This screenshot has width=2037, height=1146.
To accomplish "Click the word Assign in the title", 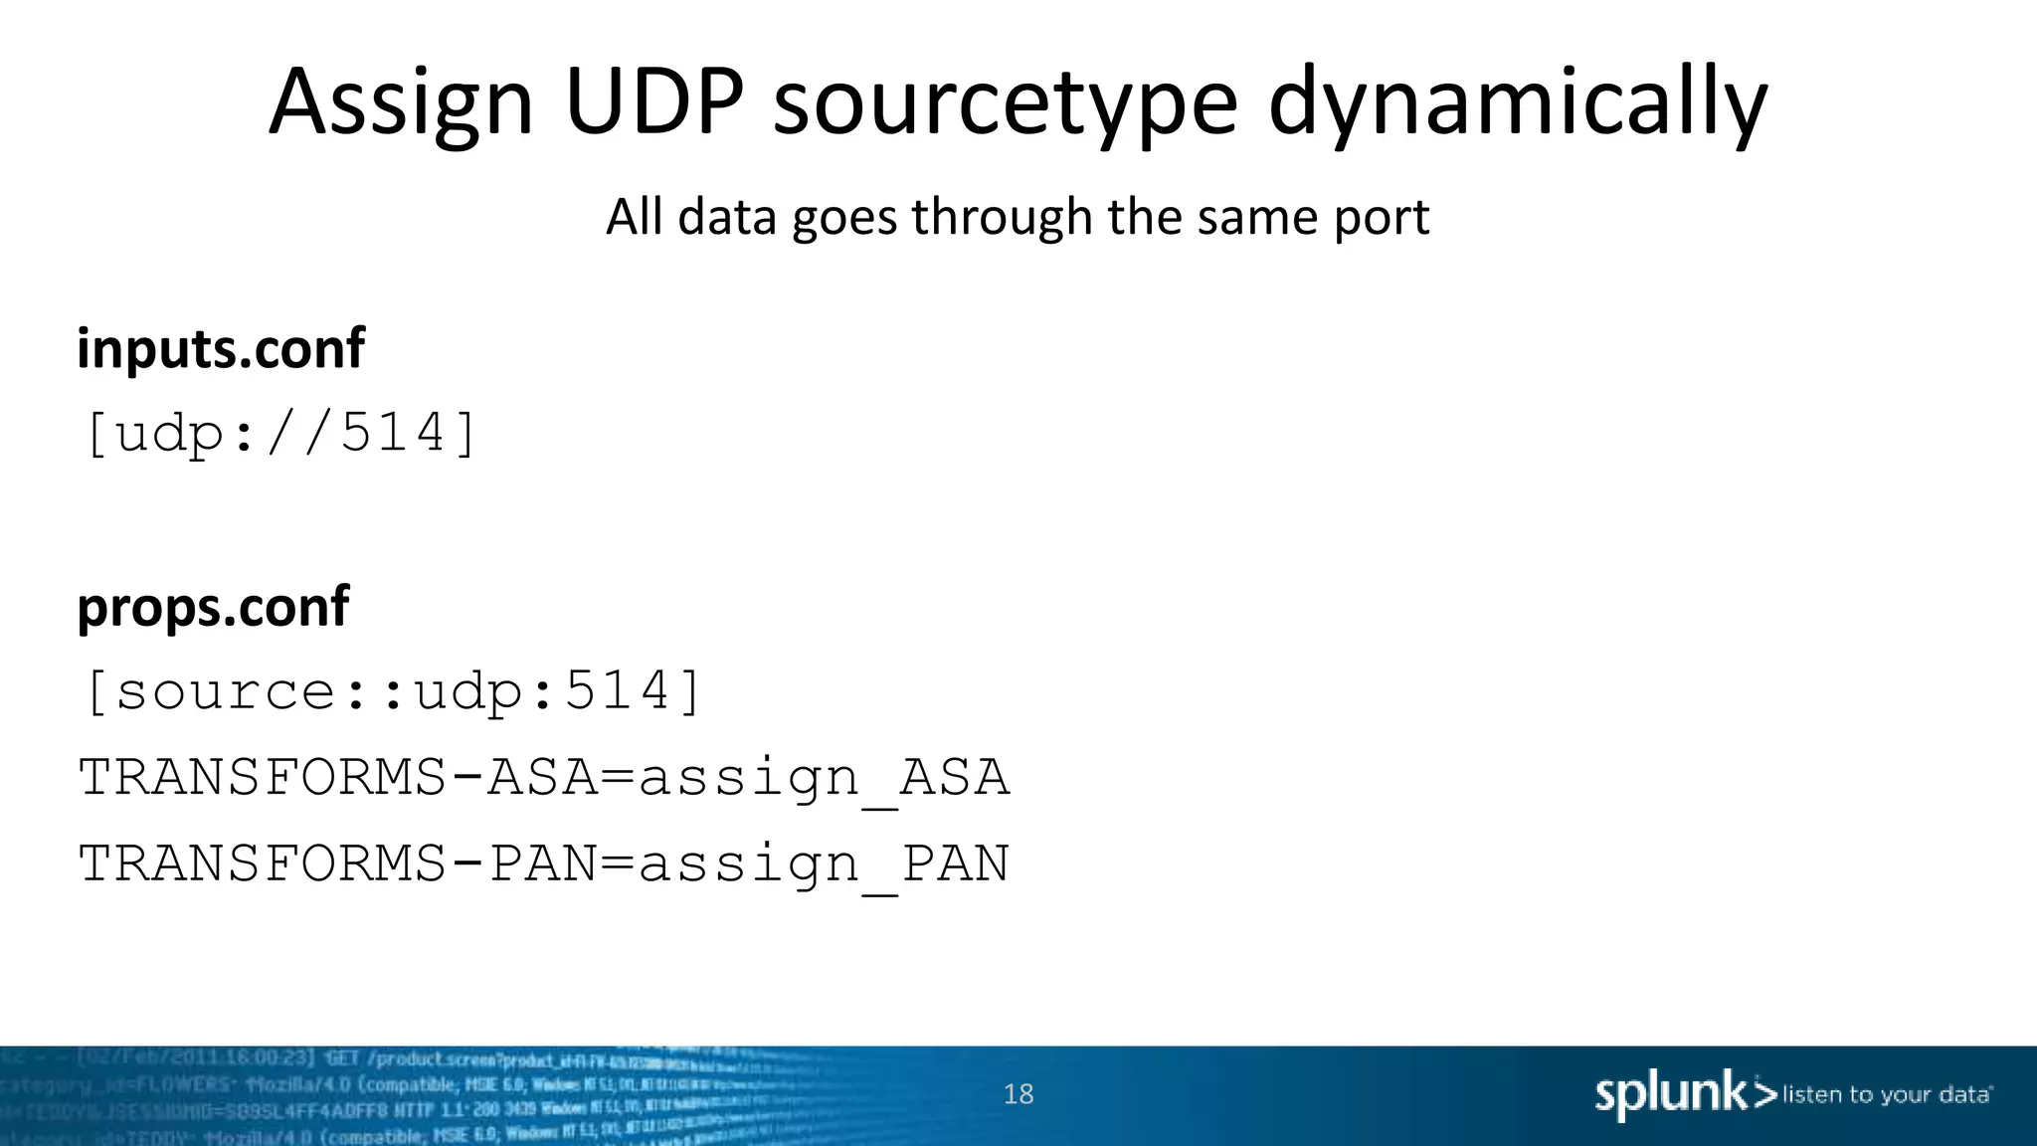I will click(401, 102).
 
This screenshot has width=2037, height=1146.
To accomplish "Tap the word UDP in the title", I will click(653, 102).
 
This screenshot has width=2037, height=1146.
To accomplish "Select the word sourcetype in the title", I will click(1005, 102).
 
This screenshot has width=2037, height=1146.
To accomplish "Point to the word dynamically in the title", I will click(1517, 102).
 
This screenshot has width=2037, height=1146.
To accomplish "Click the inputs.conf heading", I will click(221, 349).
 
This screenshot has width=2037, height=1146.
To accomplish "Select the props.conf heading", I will click(213, 607).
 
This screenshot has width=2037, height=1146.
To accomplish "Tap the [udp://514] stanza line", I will click(280, 434).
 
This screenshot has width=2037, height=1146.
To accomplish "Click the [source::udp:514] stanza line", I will click(392, 691).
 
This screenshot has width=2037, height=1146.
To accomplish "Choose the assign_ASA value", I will click(824, 779).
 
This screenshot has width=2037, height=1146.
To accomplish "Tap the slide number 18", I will click(1018, 1094).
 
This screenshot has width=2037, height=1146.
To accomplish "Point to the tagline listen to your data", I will click(1887, 1095).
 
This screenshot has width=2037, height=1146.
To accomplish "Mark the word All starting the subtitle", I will click(635, 217).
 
